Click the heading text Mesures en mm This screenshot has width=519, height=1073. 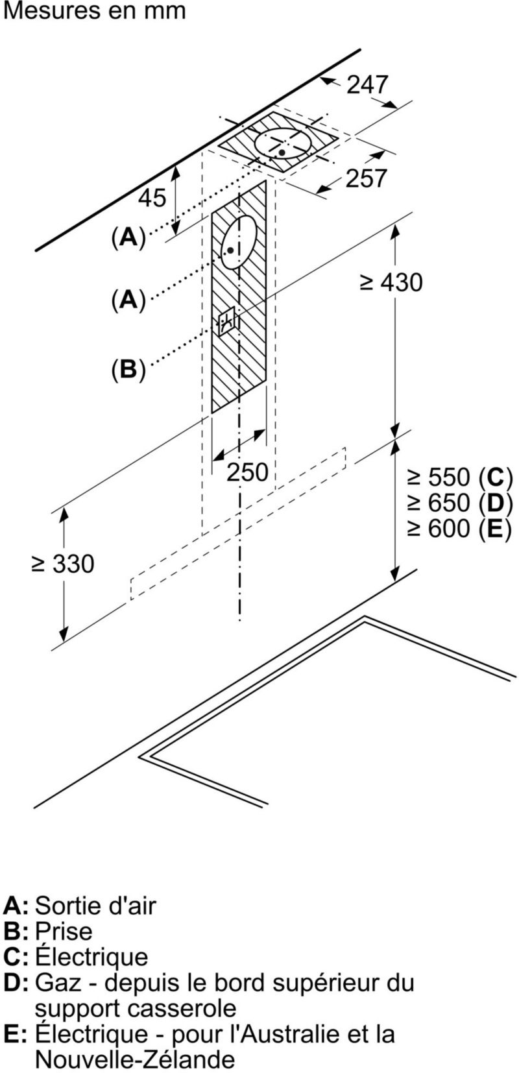pyautogui.click(x=94, y=11)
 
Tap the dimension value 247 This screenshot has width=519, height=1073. pyautogui.click(x=367, y=85)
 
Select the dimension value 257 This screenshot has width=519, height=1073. pyautogui.click(x=366, y=178)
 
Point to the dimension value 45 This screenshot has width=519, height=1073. pyautogui.click(x=152, y=198)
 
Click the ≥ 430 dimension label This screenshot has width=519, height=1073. pyautogui.click(x=391, y=282)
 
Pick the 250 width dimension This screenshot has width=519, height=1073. pyautogui.click(x=247, y=472)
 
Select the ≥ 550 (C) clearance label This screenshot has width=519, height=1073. pyautogui.click(x=459, y=477)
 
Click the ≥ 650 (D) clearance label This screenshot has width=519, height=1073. pyautogui.click(x=459, y=503)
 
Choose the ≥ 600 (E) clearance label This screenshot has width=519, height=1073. pyautogui.click(x=459, y=529)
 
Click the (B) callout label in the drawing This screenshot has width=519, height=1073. pyautogui.click(x=128, y=369)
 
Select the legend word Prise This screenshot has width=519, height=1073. pyautogui.click(x=64, y=931)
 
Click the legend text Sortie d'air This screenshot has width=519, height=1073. pyautogui.click(x=95, y=905)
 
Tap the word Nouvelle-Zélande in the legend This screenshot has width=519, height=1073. pyautogui.click(x=134, y=1059)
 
